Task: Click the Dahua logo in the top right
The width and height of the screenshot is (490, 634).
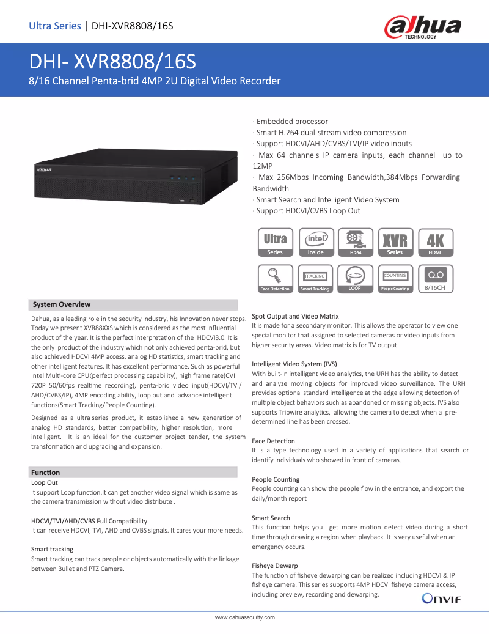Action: tap(422, 27)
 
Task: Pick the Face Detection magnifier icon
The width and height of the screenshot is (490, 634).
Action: tap(275, 278)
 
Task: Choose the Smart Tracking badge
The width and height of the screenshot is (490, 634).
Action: tap(315, 278)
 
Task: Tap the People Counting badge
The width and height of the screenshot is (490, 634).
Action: tap(395, 278)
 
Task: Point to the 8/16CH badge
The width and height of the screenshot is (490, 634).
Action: tap(435, 278)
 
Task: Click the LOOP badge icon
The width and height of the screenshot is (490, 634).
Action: tap(355, 278)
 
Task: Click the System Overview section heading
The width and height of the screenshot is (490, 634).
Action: tap(62, 304)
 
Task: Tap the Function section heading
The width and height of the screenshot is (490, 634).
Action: tap(46, 473)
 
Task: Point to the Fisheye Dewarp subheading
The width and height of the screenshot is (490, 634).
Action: tap(275, 566)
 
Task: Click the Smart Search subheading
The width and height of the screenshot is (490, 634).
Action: tap(271, 518)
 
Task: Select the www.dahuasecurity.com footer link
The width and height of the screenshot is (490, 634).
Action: tap(245, 617)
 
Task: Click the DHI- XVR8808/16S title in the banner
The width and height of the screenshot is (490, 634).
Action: tap(113, 62)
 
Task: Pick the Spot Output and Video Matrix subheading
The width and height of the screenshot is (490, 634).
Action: tap(295, 316)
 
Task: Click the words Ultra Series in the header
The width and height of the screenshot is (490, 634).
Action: tap(55, 26)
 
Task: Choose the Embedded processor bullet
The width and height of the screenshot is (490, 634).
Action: tap(291, 122)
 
